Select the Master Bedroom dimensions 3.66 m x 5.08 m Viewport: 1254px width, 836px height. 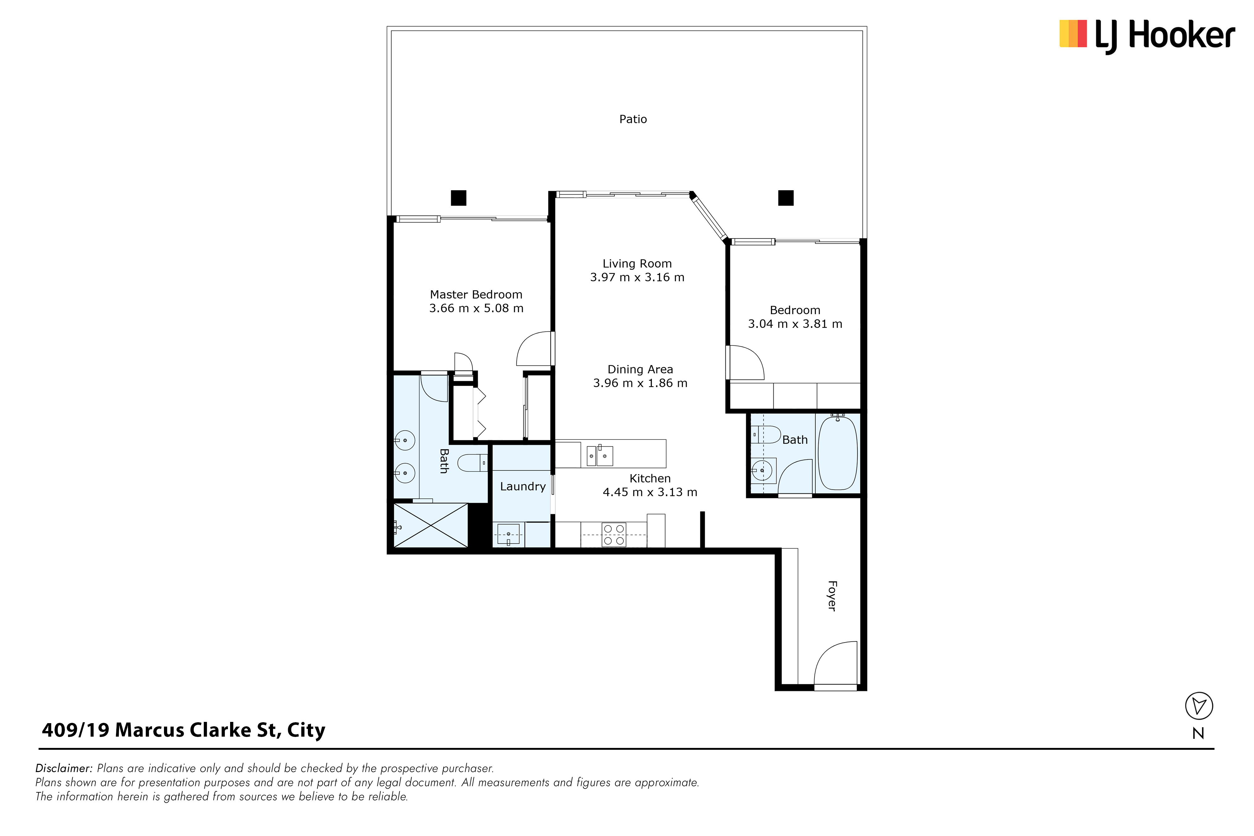point(476,308)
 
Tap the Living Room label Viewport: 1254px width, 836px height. point(637,263)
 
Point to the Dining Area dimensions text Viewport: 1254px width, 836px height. point(640,383)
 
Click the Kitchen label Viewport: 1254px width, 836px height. point(650,478)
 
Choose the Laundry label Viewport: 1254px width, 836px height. point(523,486)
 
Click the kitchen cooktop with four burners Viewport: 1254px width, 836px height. point(614,535)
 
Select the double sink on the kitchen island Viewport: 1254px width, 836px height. point(600,456)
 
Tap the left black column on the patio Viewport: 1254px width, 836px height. point(459,198)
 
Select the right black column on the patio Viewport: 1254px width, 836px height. point(786,198)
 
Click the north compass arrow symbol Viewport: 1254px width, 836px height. point(1199,706)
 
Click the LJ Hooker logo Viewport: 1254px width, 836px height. point(1147,36)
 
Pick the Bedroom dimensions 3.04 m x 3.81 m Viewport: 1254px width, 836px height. point(795,323)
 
